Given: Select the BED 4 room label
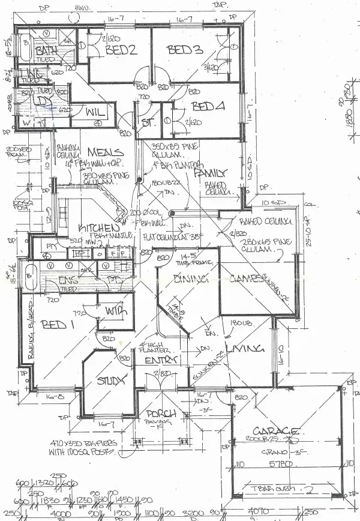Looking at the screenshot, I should [x=208, y=107].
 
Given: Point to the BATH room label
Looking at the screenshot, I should [x=46, y=50].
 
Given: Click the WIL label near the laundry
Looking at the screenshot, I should [x=95, y=113].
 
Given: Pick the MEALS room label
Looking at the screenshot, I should [x=106, y=152].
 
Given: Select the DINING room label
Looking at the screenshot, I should [x=190, y=279].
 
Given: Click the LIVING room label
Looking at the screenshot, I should [x=245, y=349].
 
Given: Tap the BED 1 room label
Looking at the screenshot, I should [x=58, y=325].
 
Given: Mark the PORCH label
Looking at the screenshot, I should [x=161, y=414].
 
